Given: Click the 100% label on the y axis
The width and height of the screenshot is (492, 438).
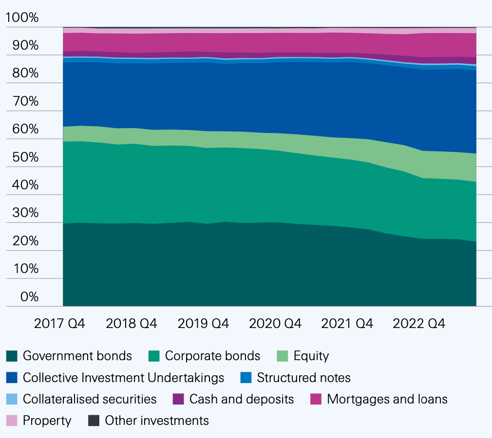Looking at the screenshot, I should click(22, 18).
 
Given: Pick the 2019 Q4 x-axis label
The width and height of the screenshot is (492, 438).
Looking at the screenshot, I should click(203, 324).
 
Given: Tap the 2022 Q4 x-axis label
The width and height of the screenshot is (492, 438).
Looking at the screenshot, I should click(418, 324).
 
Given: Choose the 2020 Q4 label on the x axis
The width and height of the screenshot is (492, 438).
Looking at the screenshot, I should click(275, 324).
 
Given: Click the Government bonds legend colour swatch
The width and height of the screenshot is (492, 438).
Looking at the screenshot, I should click(12, 356).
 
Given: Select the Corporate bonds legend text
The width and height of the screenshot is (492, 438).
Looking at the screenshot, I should click(212, 356).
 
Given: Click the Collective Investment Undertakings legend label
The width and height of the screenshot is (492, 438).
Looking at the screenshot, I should click(123, 378).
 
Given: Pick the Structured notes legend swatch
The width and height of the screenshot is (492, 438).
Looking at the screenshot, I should click(246, 378).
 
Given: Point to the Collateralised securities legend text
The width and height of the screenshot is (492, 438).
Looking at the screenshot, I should click(90, 399).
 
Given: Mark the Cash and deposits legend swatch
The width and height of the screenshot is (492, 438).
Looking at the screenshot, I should click(179, 399).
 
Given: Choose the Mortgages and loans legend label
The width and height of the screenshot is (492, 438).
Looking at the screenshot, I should click(387, 399).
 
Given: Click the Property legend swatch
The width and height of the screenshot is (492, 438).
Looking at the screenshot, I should click(12, 420).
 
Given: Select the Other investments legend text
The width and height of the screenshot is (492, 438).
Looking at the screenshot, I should click(157, 420).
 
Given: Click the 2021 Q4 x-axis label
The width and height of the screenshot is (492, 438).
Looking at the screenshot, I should click(347, 324).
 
